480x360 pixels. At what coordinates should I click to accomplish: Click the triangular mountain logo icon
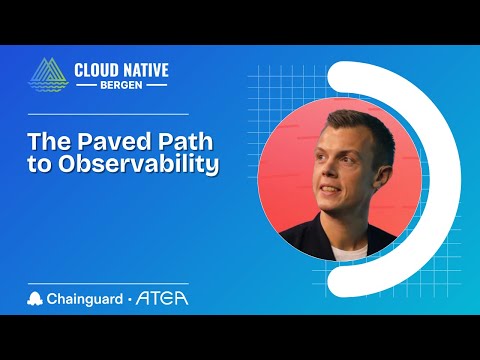tap(48, 78)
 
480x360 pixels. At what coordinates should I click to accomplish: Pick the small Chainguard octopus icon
tap(37, 297)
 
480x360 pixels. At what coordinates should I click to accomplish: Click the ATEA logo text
tap(164, 297)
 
